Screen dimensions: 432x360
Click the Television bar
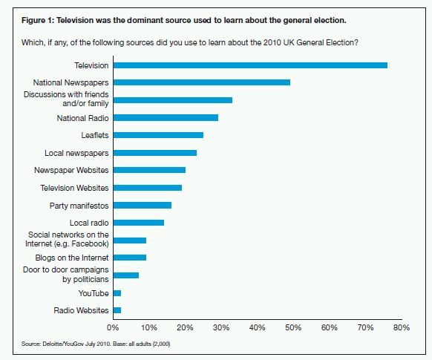click(x=250, y=65)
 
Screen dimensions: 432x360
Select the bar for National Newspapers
click(x=202, y=82)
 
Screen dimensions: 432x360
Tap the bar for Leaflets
click(x=158, y=135)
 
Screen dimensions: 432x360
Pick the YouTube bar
click(x=117, y=293)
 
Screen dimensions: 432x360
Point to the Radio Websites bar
click(x=117, y=310)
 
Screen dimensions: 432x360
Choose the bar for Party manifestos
click(x=143, y=205)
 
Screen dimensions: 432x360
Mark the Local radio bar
click(x=139, y=223)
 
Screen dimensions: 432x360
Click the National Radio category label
click(x=82, y=118)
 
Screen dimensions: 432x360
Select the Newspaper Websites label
click(x=71, y=170)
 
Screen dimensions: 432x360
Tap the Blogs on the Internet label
click(x=72, y=258)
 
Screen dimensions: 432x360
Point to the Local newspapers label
click(x=76, y=153)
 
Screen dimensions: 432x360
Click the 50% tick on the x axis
click(x=293, y=327)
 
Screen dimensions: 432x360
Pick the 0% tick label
click(x=113, y=327)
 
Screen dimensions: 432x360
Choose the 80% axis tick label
click(x=402, y=327)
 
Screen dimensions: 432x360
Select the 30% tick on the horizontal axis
click(x=221, y=327)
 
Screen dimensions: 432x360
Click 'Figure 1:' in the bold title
click(x=38, y=21)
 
